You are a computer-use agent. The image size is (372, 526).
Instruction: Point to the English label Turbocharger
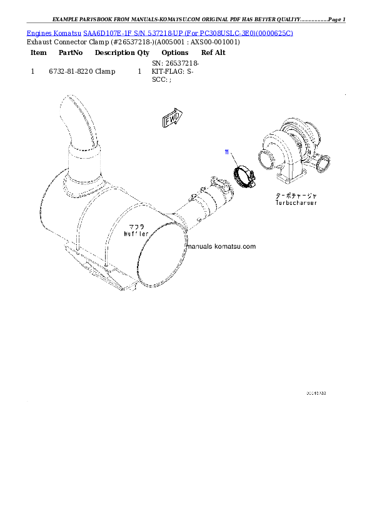tap(296, 203)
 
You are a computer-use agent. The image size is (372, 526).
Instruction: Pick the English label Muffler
tap(136, 233)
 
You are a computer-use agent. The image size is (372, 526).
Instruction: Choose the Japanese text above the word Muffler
tap(137, 226)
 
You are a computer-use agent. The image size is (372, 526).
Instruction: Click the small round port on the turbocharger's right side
tap(323, 165)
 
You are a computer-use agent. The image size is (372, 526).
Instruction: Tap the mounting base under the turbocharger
tap(291, 178)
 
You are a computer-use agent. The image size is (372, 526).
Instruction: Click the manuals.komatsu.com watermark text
tap(221, 247)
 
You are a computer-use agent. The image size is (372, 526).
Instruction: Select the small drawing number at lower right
tap(316, 394)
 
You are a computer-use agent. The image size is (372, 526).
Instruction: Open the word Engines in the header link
tap(39, 32)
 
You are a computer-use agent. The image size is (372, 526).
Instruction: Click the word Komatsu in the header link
tap(68, 32)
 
